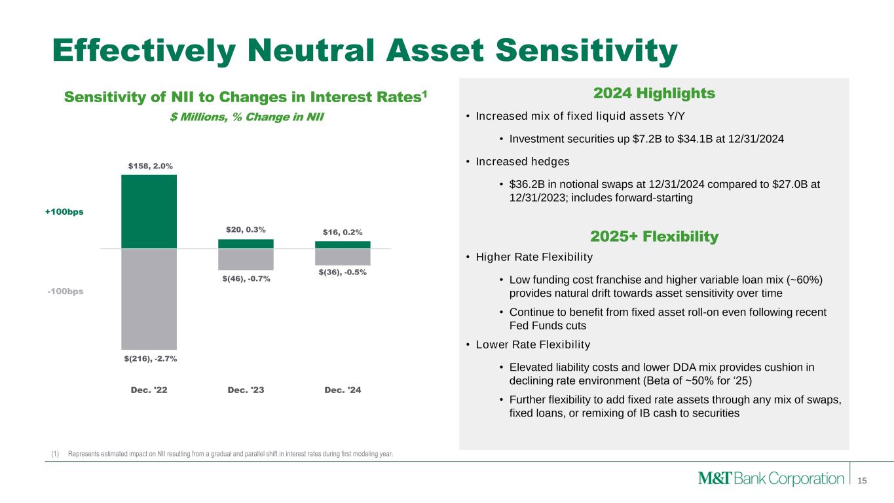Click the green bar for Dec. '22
pyautogui.click(x=149, y=212)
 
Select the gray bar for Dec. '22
pyautogui.click(x=149, y=299)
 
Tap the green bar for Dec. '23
pyautogui.click(x=246, y=244)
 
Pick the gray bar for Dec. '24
pyautogui.click(x=343, y=257)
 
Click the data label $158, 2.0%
pyautogui.click(x=151, y=166)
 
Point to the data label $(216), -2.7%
pyautogui.click(x=151, y=358)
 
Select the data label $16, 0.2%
pyautogui.click(x=343, y=232)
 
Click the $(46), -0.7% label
pyautogui.click(x=246, y=278)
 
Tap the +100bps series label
pyautogui.click(x=64, y=212)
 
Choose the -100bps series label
pyautogui.click(x=65, y=291)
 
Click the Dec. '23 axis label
pyautogui.click(x=246, y=390)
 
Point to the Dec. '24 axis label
pyautogui.click(x=343, y=390)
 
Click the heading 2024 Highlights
pyautogui.click(x=654, y=94)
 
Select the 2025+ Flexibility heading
pyautogui.click(x=654, y=236)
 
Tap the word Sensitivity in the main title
pyautogui.click(x=586, y=51)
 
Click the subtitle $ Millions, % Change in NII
pyautogui.click(x=247, y=117)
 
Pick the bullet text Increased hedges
pyautogui.click(x=523, y=162)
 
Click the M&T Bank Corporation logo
pyautogui.click(x=771, y=478)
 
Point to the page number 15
pyautogui.click(x=862, y=481)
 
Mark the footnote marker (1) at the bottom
pyautogui.click(x=55, y=454)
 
